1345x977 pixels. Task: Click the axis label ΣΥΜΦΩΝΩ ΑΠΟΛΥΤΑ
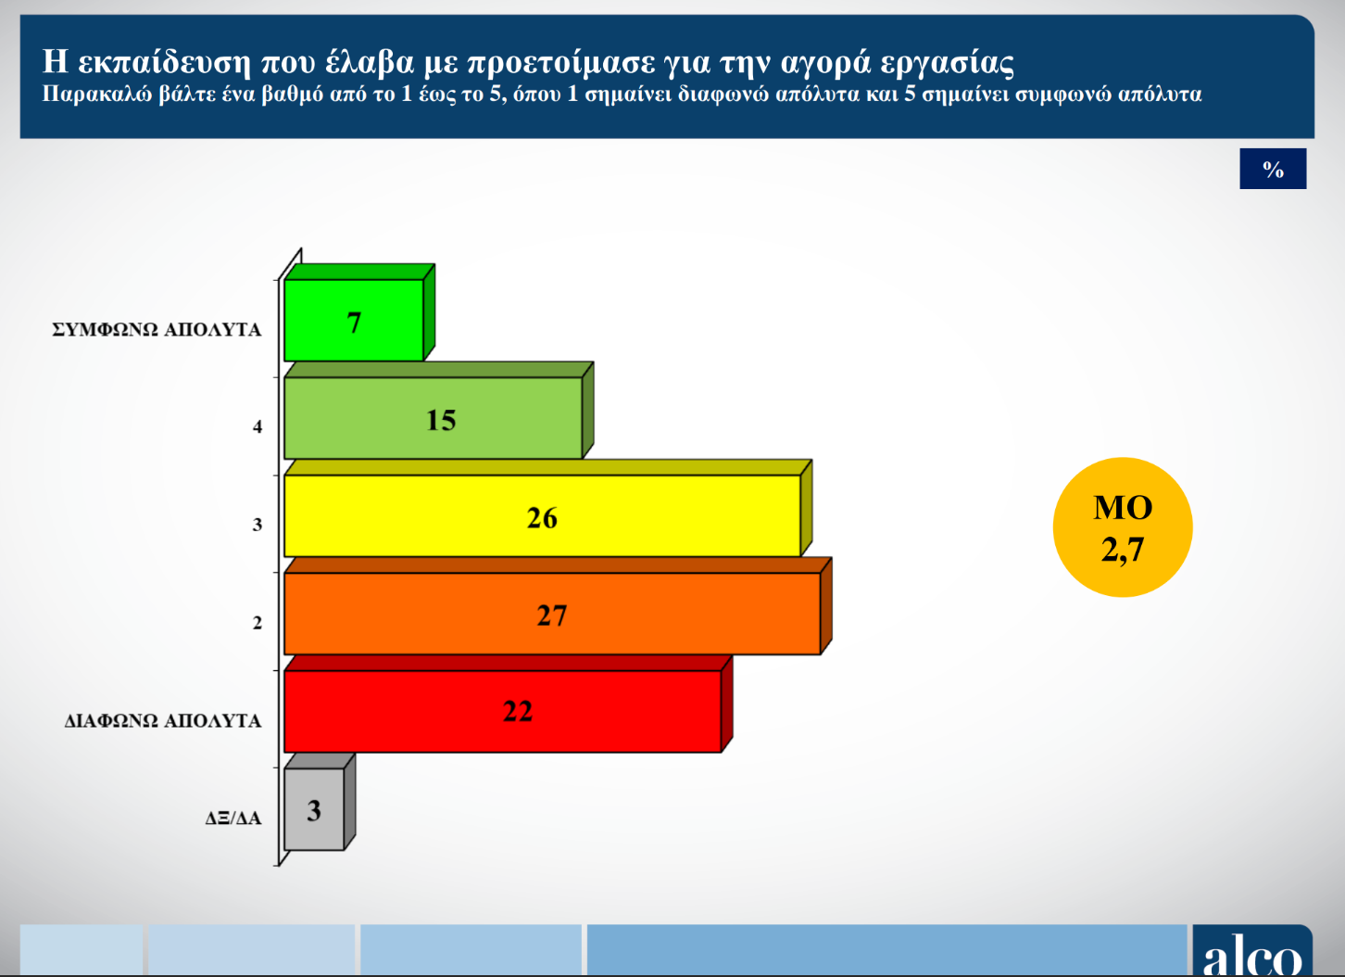(x=157, y=330)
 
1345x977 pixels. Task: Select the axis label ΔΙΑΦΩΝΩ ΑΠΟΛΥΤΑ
(x=163, y=720)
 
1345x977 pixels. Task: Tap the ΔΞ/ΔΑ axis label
(x=233, y=818)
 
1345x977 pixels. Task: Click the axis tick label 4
(x=258, y=426)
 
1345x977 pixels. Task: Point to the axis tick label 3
(x=258, y=525)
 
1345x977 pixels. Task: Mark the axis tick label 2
(x=258, y=623)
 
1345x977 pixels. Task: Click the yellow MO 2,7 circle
(x=1123, y=527)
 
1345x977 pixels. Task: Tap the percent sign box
(x=1273, y=169)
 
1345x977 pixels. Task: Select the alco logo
(x=1252, y=951)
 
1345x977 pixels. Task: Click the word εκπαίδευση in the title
(x=164, y=62)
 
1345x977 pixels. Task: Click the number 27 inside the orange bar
(x=552, y=615)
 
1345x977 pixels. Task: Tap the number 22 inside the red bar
(x=518, y=712)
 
